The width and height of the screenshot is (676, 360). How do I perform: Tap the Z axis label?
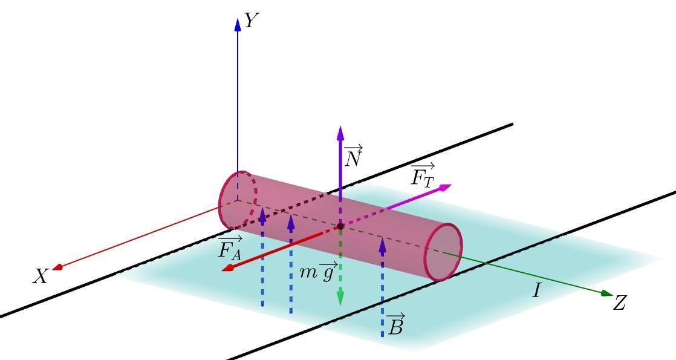pos(619,303)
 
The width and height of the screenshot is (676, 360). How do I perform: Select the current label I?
pos(536,291)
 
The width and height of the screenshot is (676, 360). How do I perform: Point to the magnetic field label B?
pos(395,326)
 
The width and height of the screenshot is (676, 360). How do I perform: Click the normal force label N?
pos(353,157)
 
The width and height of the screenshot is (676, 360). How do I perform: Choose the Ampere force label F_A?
pos(230,249)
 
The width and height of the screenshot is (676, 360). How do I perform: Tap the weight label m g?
pos(318,272)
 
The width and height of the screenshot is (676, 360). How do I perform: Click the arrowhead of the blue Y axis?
pos(238,24)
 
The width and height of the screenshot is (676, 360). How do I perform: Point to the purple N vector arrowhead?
pos(340,133)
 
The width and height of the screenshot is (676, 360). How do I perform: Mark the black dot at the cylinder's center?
pos(340,226)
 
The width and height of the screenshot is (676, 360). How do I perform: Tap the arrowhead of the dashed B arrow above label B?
pos(382,244)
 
